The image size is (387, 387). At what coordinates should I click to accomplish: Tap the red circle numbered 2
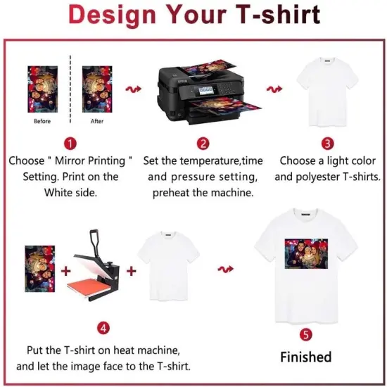(203, 144)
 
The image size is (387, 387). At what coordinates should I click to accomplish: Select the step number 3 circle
(327, 144)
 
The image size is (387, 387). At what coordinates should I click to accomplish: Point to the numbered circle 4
(103, 328)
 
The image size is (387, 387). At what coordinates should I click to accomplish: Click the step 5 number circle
(305, 334)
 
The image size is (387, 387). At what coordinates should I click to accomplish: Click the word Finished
(305, 357)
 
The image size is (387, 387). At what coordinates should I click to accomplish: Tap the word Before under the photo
(42, 121)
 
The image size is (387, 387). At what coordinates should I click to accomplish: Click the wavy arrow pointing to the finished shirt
(227, 268)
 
